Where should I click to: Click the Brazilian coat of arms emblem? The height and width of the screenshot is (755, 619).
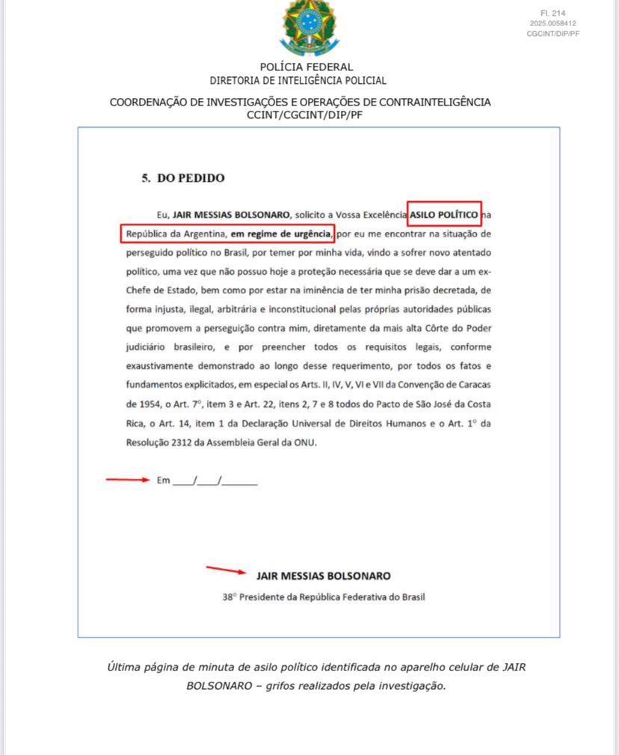(309, 28)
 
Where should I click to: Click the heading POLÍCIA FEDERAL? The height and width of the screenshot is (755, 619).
(307, 67)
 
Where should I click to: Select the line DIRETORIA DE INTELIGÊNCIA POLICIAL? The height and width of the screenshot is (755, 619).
(298, 80)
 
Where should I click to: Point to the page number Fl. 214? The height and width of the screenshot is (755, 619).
(553, 13)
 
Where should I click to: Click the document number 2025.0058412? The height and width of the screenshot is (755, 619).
(553, 23)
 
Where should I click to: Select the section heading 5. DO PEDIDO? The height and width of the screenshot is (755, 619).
(183, 178)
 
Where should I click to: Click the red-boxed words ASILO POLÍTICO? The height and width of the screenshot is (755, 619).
(444, 215)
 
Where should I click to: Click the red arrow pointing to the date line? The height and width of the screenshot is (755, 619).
(128, 480)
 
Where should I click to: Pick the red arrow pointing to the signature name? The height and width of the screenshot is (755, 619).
(227, 572)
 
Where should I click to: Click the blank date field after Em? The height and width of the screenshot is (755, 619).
(215, 480)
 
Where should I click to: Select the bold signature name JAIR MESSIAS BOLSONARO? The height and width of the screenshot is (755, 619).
(323, 576)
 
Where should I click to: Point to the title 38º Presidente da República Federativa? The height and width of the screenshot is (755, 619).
(324, 597)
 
